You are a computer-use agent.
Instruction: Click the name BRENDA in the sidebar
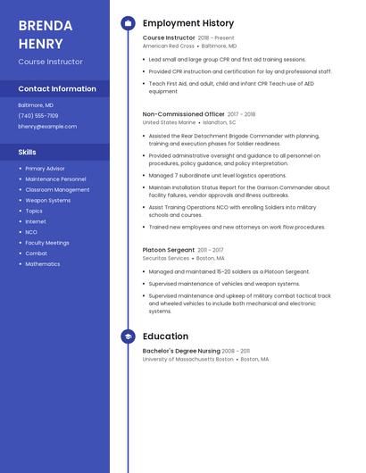click(x=41, y=25)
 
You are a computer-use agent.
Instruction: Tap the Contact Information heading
click(x=57, y=89)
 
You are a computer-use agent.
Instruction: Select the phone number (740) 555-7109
click(x=38, y=115)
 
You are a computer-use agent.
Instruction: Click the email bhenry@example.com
click(x=47, y=127)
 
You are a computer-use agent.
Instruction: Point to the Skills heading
click(x=27, y=153)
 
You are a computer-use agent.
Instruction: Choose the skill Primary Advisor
click(x=45, y=169)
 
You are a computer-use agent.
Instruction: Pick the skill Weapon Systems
click(x=47, y=200)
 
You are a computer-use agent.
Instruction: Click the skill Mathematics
click(x=43, y=264)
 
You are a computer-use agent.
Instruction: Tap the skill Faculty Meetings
click(x=47, y=243)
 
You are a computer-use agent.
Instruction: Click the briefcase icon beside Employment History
click(x=128, y=23)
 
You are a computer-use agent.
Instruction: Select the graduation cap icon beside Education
click(x=128, y=336)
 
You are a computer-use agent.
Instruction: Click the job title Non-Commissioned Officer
click(x=183, y=114)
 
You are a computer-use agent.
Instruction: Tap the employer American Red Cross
click(x=168, y=46)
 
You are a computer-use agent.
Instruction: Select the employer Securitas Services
click(x=166, y=258)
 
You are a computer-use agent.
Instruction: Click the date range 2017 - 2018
click(x=241, y=114)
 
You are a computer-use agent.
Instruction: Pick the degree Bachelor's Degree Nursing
click(x=181, y=351)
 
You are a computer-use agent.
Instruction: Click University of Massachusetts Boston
click(x=187, y=359)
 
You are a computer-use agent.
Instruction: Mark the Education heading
click(x=165, y=336)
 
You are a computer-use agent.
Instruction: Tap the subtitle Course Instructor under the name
click(x=50, y=62)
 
